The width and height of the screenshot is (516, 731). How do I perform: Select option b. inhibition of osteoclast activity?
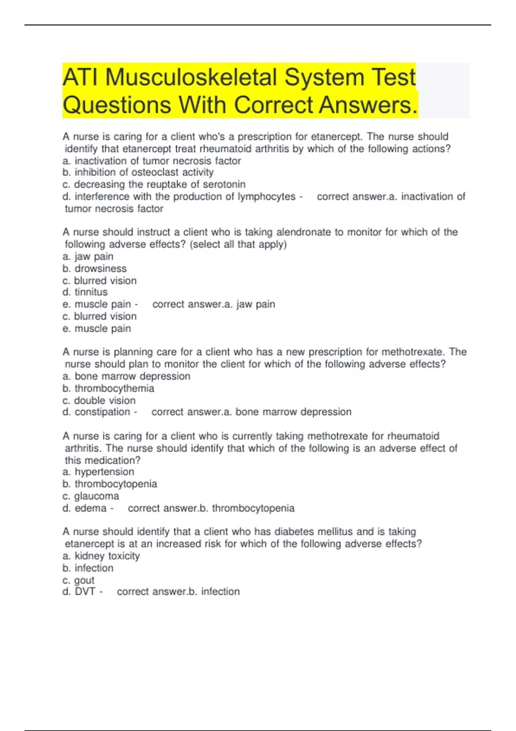[x=138, y=172]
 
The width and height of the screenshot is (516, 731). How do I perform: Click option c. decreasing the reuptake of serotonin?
[x=154, y=184]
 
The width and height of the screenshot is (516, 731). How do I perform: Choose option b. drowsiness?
[x=95, y=269]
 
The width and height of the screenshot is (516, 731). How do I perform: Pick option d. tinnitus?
[x=85, y=292]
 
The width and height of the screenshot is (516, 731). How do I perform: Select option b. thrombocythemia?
[x=108, y=388]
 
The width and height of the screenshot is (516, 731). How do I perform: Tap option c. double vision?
[x=99, y=400]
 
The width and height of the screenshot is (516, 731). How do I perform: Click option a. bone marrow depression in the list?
[x=126, y=376]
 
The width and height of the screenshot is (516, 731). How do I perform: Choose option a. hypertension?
[x=98, y=472]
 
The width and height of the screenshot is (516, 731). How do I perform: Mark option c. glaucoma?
[x=91, y=496]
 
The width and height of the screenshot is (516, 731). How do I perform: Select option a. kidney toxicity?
[x=101, y=556]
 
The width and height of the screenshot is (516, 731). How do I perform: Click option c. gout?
[x=79, y=580]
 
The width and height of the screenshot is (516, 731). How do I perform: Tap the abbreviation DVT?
[x=85, y=592]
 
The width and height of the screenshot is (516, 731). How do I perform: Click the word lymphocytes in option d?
[x=267, y=197]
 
